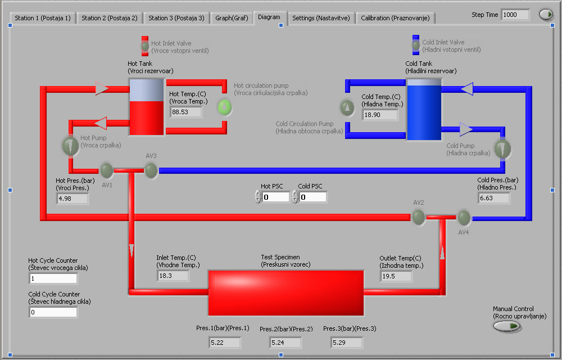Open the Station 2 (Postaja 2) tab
[x=109, y=18]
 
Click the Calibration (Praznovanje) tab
[x=395, y=18]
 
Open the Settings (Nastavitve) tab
[x=321, y=18]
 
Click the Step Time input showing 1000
[x=515, y=15]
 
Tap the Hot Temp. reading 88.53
[x=186, y=112]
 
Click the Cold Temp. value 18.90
[x=380, y=115]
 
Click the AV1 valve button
[x=106, y=169]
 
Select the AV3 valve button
[x=151, y=170]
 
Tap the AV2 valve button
[x=418, y=217]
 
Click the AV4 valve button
[x=464, y=217]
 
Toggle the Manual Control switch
[x=507, y=326]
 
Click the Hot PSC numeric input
[x=275, y=197]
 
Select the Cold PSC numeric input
[x=312, y=197]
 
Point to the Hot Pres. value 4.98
[x=72, y=198]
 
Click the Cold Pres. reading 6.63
[x=493, y=198]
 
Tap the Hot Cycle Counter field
[x=53, y=278]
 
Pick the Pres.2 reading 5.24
[x=284, y=342]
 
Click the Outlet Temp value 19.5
[x=396, y=276]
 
